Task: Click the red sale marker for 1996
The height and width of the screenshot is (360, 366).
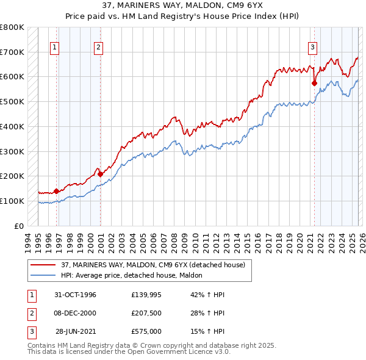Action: [56, 191]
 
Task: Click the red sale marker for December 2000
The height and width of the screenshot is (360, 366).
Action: [101, 174]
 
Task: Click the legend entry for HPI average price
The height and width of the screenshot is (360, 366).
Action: [135, 276]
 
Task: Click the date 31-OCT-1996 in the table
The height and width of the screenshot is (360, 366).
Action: [76, 295]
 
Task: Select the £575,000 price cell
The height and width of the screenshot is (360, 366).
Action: [146, 331]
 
